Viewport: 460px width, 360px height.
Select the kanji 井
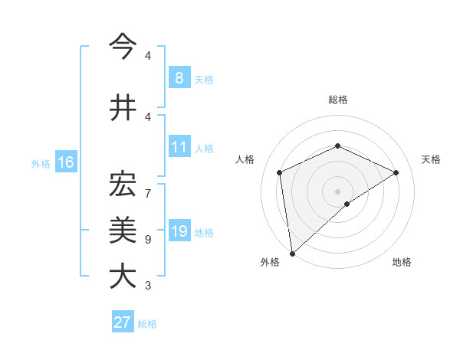123,106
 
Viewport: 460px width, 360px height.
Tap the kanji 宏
123,184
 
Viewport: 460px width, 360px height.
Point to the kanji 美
123,229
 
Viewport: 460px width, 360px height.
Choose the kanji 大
123,276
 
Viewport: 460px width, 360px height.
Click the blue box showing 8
179,77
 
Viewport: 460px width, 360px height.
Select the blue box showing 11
179,147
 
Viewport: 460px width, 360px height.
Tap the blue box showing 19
179,232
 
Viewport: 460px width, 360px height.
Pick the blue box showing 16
65,162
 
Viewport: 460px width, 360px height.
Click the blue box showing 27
123,322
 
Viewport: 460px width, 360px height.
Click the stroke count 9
148,240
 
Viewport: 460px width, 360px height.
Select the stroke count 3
148,286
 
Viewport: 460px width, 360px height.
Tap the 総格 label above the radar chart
337,100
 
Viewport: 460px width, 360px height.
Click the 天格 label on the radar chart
431,159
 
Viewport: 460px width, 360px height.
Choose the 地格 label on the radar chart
402,263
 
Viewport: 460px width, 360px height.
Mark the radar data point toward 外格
291,254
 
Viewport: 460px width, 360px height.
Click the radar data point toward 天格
396,172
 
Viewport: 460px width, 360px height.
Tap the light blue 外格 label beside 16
40,163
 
